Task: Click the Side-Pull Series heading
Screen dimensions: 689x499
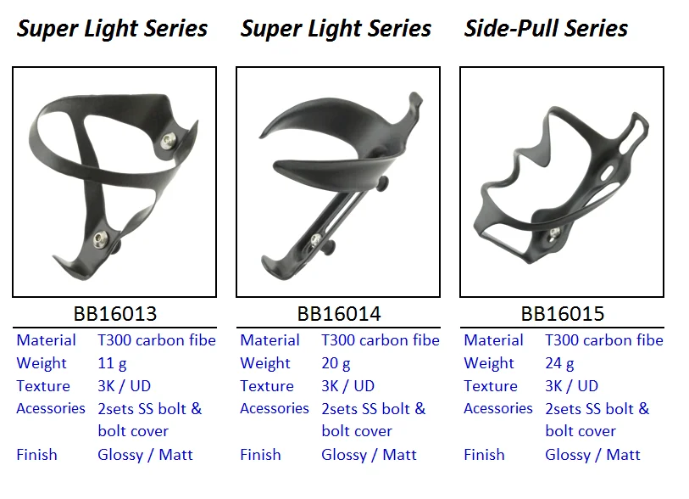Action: pyautogui.click(x=546, y=29)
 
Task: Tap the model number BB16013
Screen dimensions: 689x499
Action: pyautogui.click(x=114, y=314)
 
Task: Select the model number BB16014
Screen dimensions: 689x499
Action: pyautogui.click(x=338, y=314)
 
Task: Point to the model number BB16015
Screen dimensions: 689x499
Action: pyautogui.click(x=562, y=314)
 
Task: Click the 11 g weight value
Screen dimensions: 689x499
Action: pyautogui.click(x=112, y=363)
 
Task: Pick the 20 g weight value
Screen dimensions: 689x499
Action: pyautogui.click(x=336, y=363)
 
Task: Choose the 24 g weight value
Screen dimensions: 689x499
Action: pyautogui.click(x=559, y=363)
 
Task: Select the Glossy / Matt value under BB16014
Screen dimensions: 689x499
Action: pyautogui.click(x=369, y=455)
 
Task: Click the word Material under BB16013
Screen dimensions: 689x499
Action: pyautogui.click(x=46, y=340)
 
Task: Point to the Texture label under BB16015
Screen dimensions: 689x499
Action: pyautogui.click(x=490, y=386)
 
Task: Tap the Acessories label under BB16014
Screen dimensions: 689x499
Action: pyautogui.click(x=275, y=408)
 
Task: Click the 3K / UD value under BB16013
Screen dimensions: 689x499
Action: pyautogui.click(x=125, y=386)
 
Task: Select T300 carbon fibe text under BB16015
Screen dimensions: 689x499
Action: pyautogui.click(x=603, y=340)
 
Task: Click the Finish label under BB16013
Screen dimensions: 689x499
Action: pyautogui.click(x=36, y=455)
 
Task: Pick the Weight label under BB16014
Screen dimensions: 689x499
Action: pyautogui.click(x=265, y=363)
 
